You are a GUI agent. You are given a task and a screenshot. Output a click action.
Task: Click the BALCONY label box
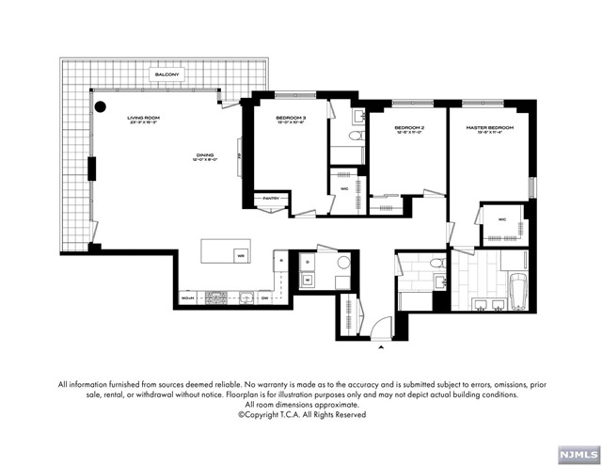(168, 73)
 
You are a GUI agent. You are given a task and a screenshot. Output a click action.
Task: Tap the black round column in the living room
(100, 107)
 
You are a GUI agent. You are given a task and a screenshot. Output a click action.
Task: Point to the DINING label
(205, 155)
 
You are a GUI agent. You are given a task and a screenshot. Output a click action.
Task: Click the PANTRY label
(272, 199)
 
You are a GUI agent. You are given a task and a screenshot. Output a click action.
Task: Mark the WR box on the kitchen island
(241, 255)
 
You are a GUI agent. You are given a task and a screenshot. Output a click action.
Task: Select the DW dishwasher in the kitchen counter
(266, 298)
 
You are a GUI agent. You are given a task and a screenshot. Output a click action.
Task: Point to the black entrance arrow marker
(381, 346)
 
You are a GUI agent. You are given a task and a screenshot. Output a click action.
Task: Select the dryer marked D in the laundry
(307, 261)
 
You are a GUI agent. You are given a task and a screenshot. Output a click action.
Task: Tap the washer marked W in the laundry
(307, 279)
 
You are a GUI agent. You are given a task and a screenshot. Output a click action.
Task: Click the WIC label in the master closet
(501, 220)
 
